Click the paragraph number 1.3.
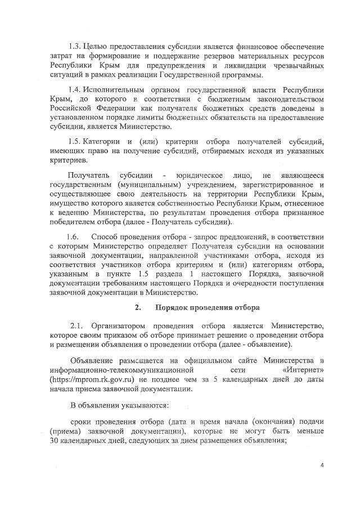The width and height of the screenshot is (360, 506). pyautogui.click(x=76, y=45)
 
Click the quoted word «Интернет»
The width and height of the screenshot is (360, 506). pyautogui.click(x=303, y=371)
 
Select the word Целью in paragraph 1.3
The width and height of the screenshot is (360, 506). pyautogui.click(x=100, y=45)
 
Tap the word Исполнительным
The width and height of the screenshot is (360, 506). pyautogui.click(x=117, y=90)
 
